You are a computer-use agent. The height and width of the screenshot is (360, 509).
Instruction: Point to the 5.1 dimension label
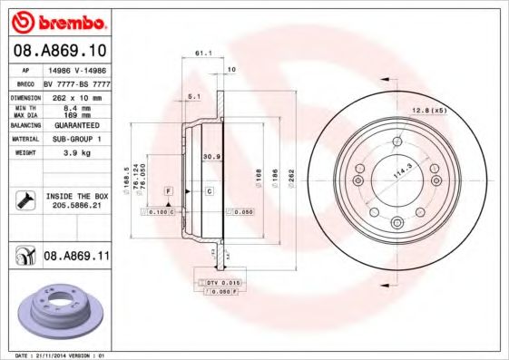[192, 95]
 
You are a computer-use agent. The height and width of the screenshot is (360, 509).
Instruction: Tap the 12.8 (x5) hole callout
[430, 110]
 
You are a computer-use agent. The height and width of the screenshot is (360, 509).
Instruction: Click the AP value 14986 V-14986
[76, 69]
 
